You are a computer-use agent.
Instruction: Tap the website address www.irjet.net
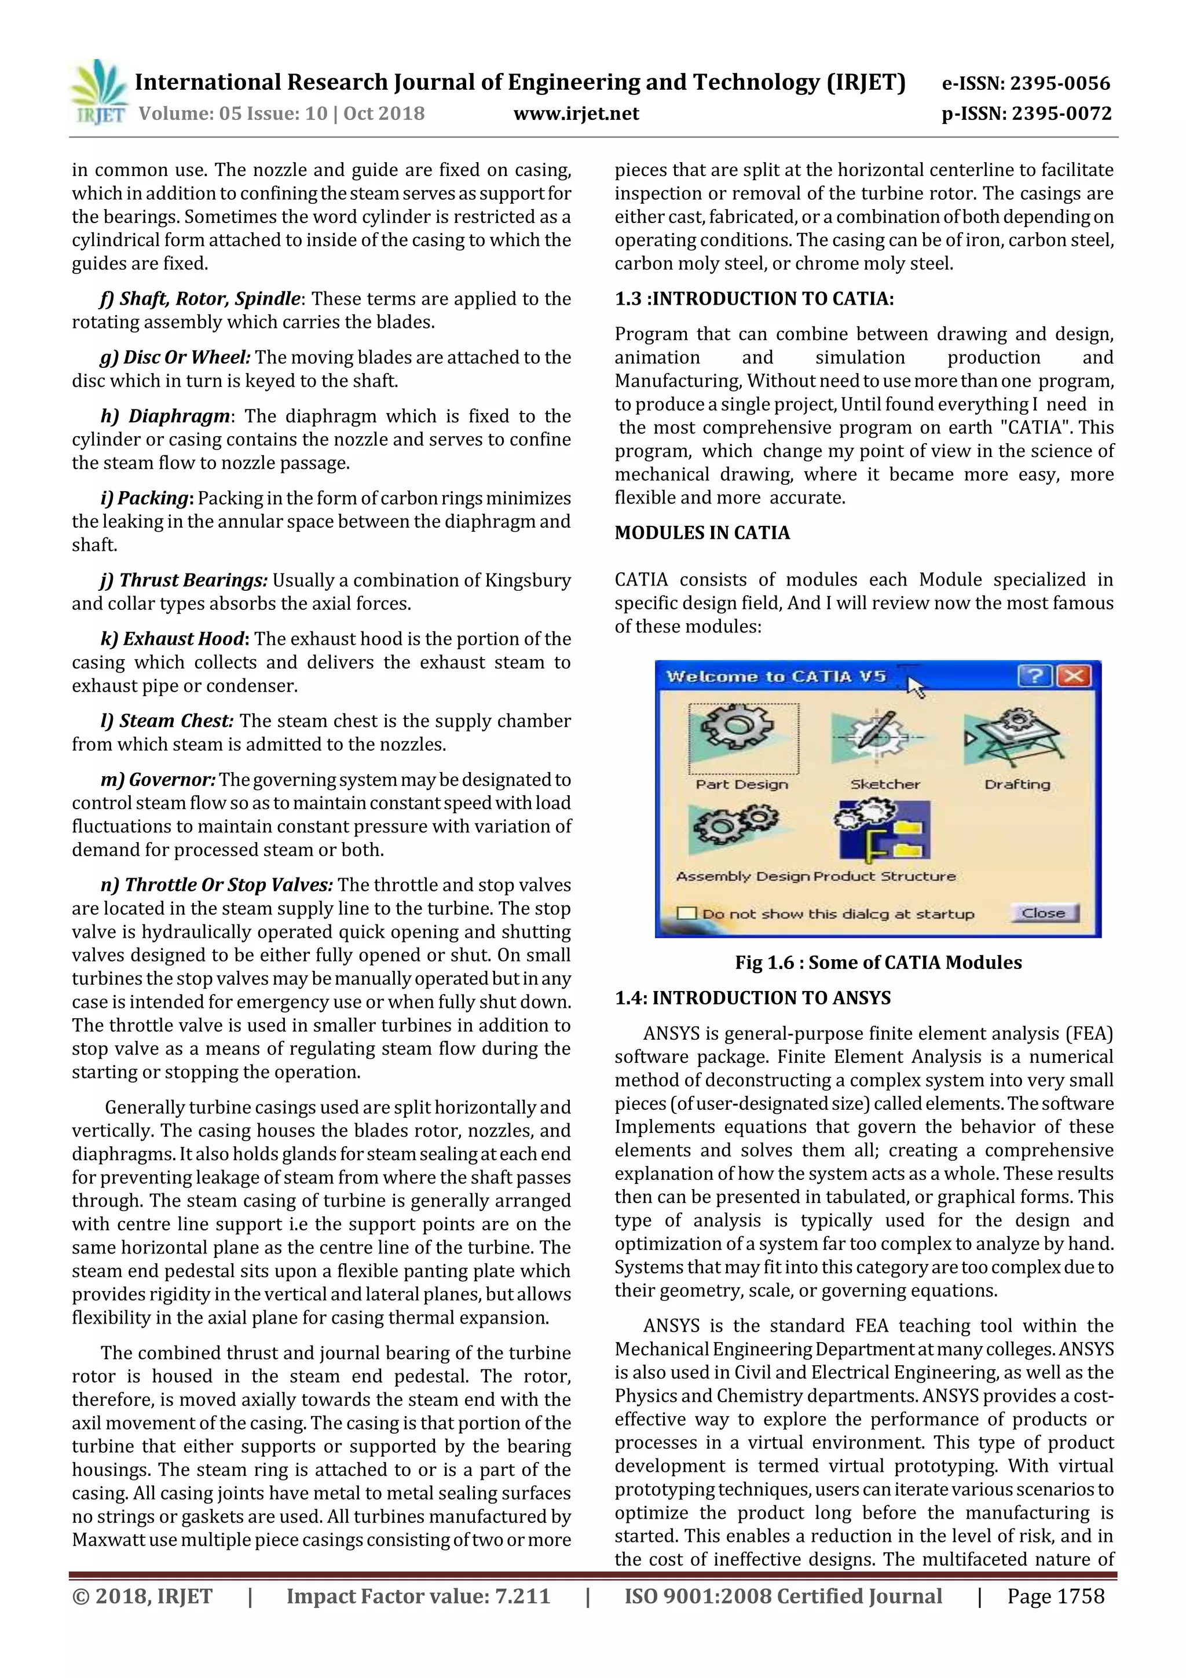click(576, 114)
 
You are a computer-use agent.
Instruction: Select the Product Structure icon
click(885, 829)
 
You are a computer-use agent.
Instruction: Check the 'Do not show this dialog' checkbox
click(686, 913)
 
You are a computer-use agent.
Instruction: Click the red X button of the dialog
click(1074, 676)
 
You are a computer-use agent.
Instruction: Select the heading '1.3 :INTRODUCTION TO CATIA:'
click(753, 299)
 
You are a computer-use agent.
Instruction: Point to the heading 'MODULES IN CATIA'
click(701, 533)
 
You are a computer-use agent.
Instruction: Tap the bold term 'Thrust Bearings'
click(193, 580)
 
